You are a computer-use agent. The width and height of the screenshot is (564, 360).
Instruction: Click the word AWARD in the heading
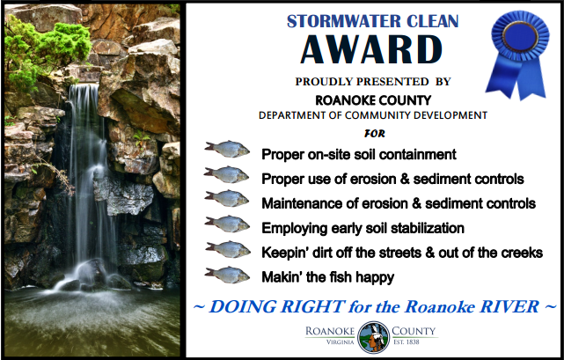point(371,49)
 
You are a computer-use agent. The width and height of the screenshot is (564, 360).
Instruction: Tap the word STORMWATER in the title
point(343,21)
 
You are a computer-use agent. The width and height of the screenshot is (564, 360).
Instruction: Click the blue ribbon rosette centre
point(520,35)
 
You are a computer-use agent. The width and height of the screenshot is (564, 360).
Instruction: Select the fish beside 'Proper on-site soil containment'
point(227,149)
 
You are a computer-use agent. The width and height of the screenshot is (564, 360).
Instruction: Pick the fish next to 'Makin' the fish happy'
point(227,275)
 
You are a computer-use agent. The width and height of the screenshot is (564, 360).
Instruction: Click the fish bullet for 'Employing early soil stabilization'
point(227,224)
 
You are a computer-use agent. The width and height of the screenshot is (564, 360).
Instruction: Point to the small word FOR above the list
point(375,134)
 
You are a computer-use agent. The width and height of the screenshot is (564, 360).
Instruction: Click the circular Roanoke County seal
point(373,337)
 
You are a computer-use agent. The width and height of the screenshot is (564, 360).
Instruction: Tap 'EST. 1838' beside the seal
point(407,342)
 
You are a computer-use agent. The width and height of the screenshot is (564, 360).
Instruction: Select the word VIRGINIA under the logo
point(341,342)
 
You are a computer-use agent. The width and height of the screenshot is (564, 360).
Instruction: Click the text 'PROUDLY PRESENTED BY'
point(373,82)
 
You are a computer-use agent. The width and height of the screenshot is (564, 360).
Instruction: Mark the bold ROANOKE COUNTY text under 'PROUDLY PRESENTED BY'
point(373,100)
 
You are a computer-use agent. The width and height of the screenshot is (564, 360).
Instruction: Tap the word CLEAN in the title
point(433,21)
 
